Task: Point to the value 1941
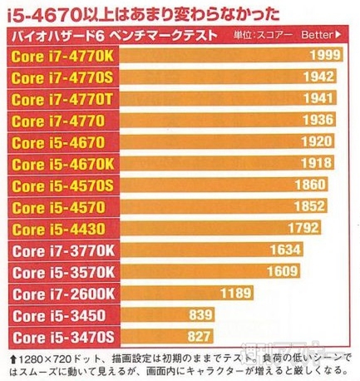click(325, 99)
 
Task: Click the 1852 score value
click(307, 206)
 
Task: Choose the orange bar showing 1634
click(208, 250)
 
